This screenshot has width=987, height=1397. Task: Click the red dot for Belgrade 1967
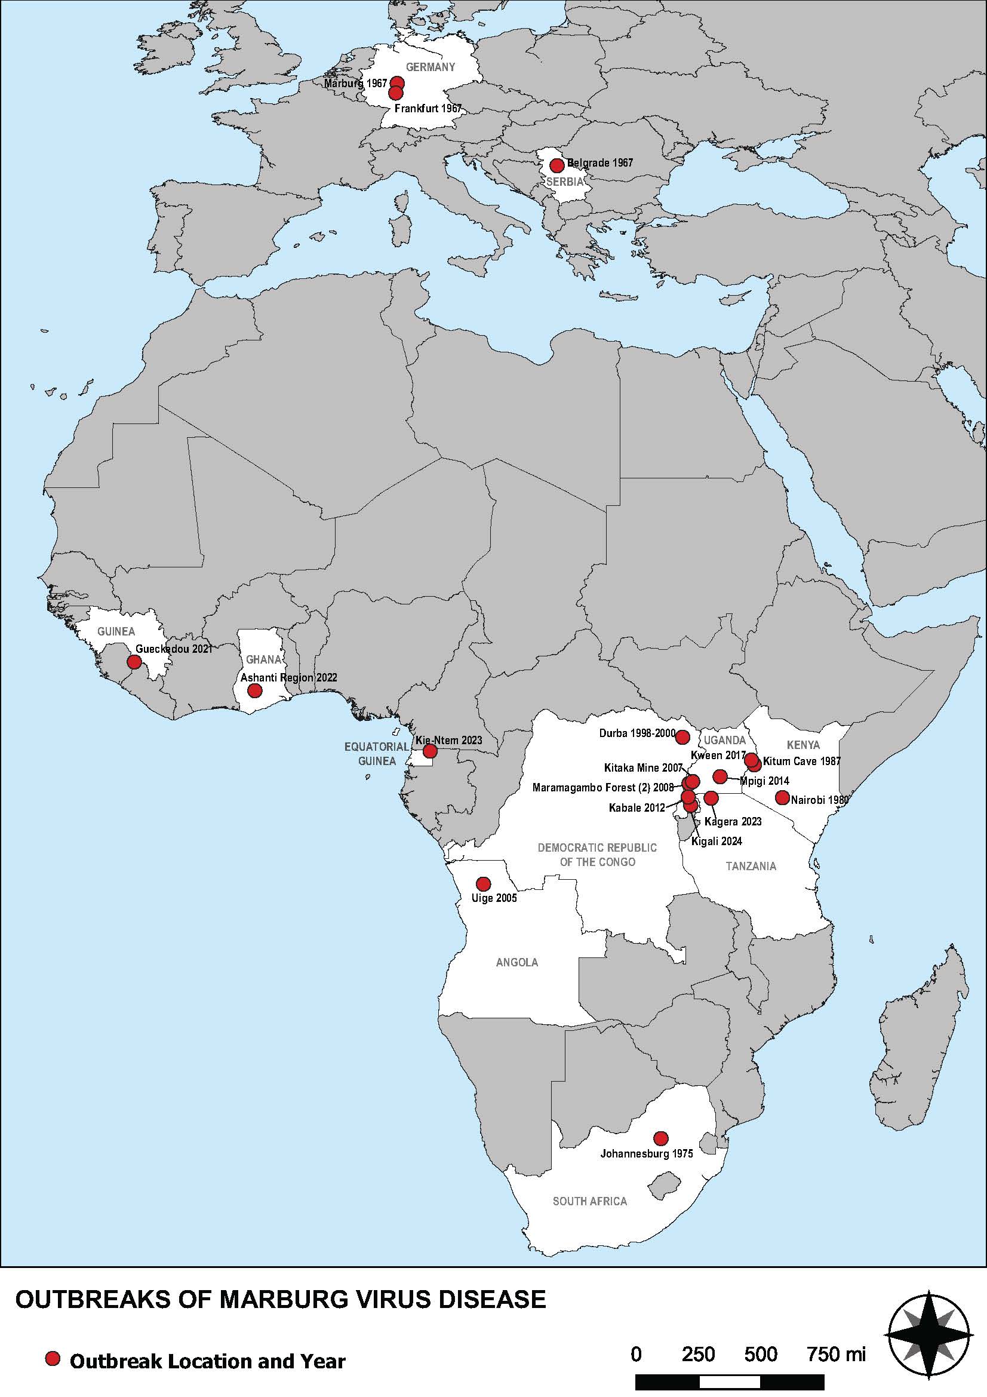[x=556, y=165]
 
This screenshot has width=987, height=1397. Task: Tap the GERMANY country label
[x=431, y=67]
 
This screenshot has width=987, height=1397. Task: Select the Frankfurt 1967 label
[x=428, y=109]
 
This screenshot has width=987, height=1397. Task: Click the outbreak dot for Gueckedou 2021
[x=133, y=662]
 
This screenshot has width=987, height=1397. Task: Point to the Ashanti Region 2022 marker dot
[x=255, y=690]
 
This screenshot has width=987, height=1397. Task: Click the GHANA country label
[x=263, y=659]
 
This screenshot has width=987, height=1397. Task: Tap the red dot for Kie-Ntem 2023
[x=429, y=751]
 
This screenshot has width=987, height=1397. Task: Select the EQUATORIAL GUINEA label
[x=376, y=753]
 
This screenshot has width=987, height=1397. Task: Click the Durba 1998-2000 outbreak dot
[x=682, y=738]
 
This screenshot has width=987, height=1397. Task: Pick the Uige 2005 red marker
[x=483, y=883]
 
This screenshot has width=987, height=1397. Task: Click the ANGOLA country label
[x=517, y=963]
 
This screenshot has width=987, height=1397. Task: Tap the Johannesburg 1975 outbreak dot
[x=660, y=1138]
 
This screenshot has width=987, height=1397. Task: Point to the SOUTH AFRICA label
[x=589, y=1201]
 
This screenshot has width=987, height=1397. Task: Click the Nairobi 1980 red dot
[x=782, y=798]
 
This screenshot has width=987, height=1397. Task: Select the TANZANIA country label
[x=751, y=866]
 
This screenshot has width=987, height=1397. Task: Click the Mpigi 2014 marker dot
[x=720, y=776]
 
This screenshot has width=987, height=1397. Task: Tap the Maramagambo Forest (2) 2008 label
[x=602, y=787]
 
